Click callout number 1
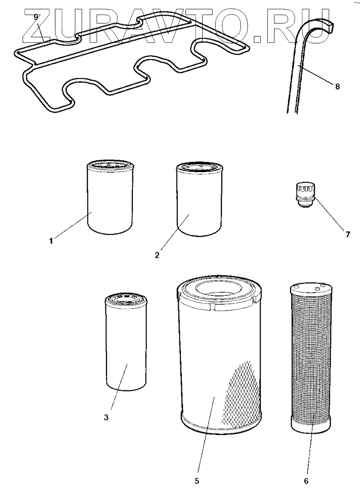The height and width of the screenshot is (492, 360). point(51,240)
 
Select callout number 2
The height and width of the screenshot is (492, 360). point(157,255)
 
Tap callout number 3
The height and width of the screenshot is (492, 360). point(106,417)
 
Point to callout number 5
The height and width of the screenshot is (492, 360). point(197,480)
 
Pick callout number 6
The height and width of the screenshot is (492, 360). point(305,480)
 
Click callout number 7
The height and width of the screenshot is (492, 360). point(348,234)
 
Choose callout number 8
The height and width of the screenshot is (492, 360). point(337,86)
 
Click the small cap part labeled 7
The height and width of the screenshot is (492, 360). point(305,194)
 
